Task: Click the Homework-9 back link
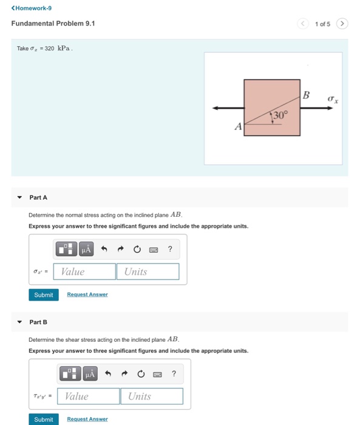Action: tap(32, 8)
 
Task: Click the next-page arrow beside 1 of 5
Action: tap(342, 24)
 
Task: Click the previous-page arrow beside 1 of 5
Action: tap(303, 24)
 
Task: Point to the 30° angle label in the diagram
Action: tap(280, 115)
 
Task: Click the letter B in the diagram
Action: tap(306, 95)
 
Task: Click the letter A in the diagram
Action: tap(238, 126)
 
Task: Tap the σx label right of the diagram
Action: tap(333, 99)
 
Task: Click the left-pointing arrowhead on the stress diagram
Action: tap(216, 108)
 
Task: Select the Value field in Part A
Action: tap(84, 271)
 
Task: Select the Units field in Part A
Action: tap(148, 271)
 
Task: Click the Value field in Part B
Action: tap(89, 396)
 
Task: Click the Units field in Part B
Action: tap(152, 396)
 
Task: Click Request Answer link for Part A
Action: tap(87, 294)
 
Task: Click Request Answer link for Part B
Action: tap(87, 419)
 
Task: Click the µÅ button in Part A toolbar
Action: tap(86, 249)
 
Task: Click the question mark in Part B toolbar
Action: tap(174, 373)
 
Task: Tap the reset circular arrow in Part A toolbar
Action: tap(137, 249)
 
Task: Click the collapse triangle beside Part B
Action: tap(19, 322)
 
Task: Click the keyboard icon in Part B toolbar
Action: tap(157, 375)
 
